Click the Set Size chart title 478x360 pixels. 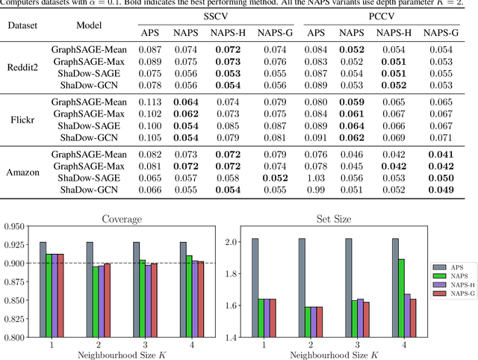pyautogui.click(x=333, y=220)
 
